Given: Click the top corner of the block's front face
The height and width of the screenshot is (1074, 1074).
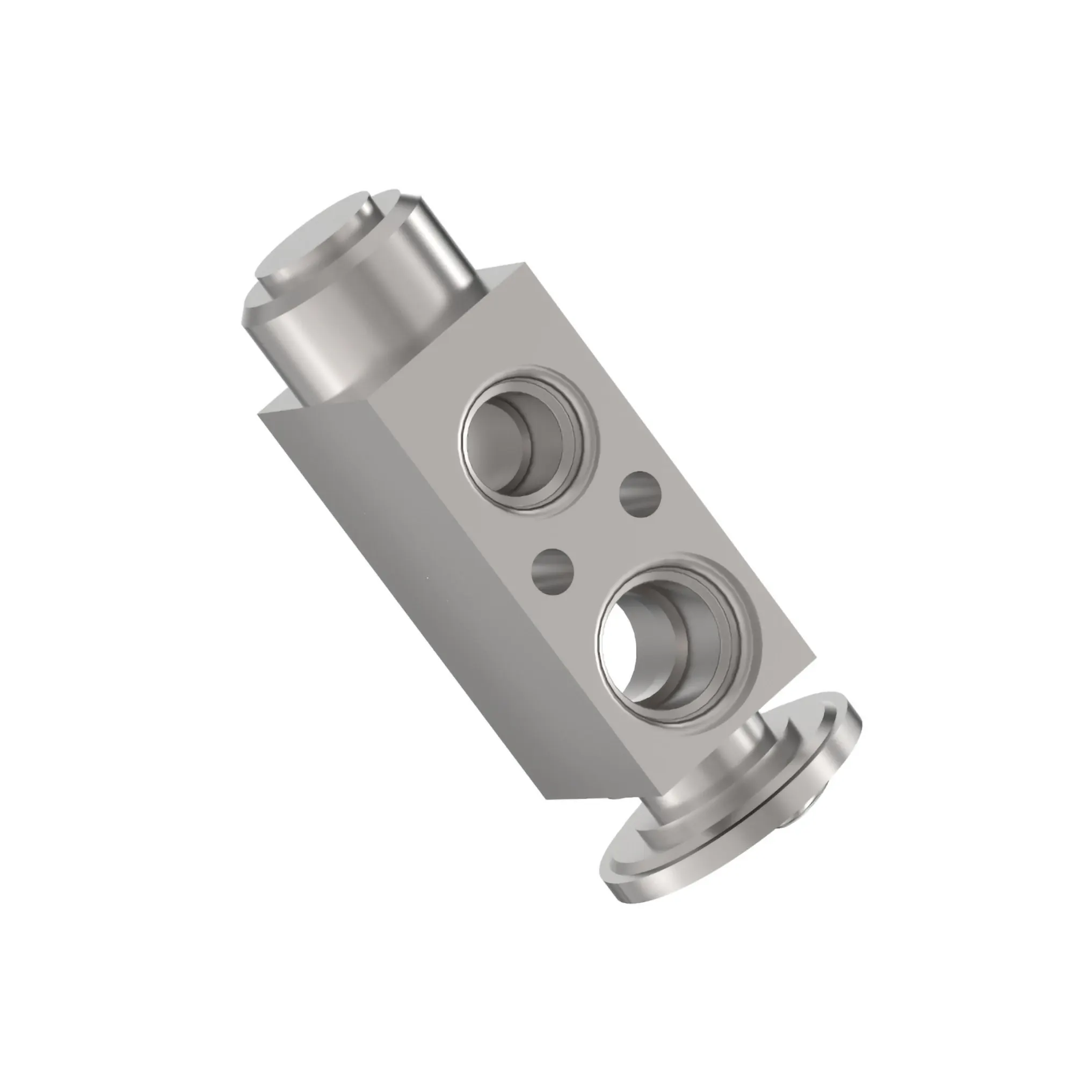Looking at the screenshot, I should [523, 264].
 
